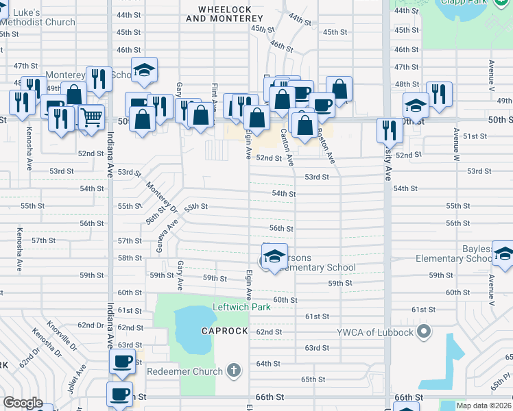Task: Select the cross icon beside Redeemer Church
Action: click(x=233, y=371)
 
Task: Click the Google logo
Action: click(x=23, y=402)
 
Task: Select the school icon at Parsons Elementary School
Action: click(x=274, y=256)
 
